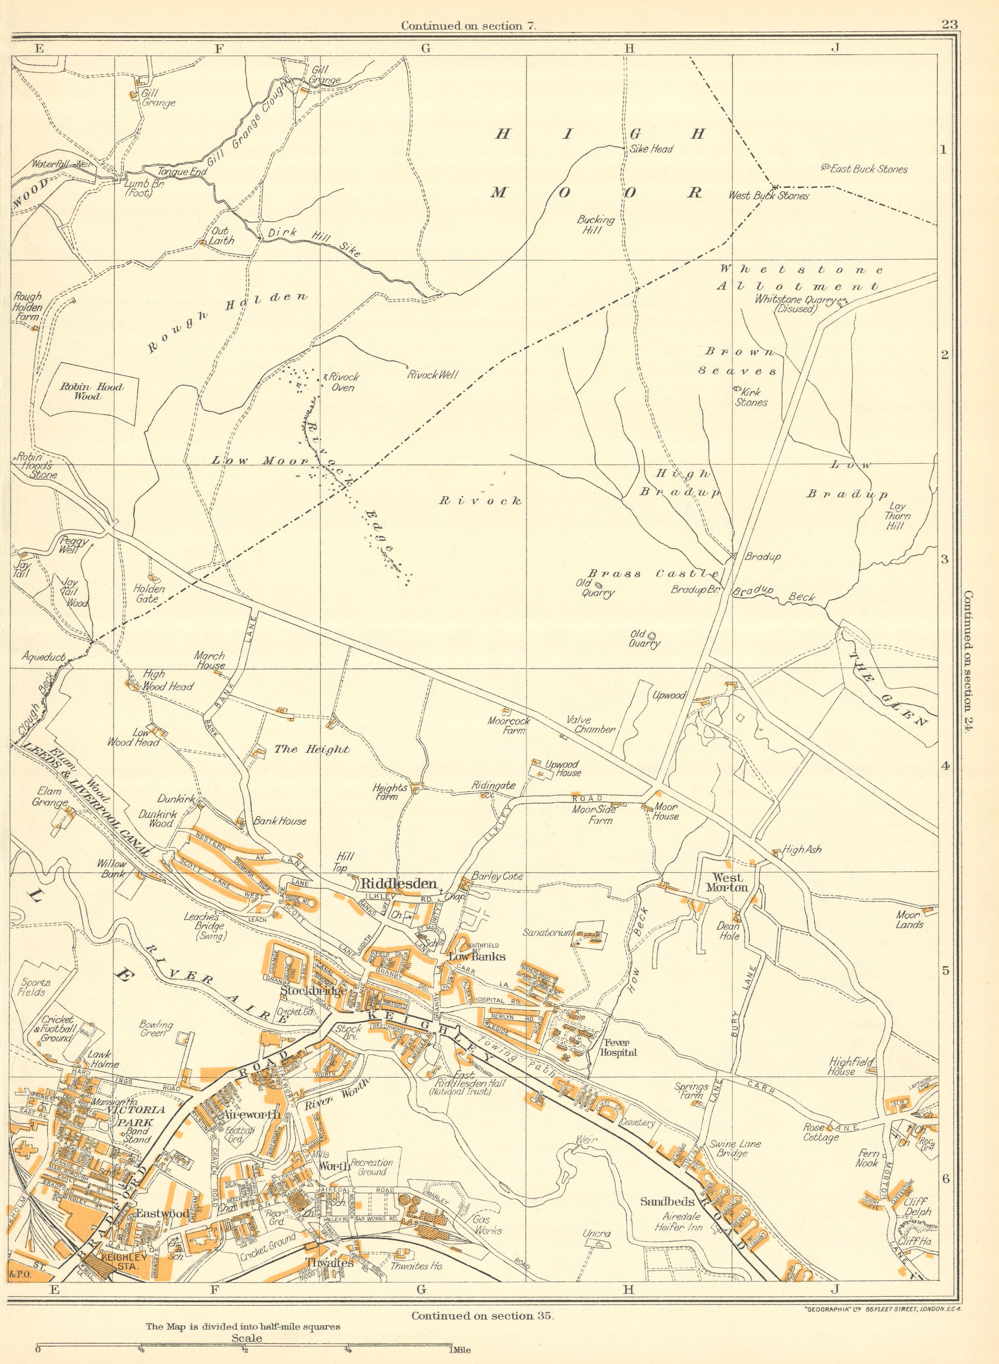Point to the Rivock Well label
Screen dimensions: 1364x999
pos(432,375)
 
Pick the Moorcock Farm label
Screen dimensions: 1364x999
pos(506,725)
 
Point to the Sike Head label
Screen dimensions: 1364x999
pos(651,149)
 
